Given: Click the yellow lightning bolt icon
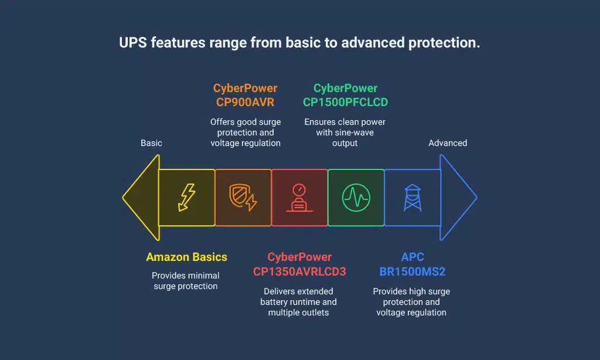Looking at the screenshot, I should pyautogui.click(x=187, y=198).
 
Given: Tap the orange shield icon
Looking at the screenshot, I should pyautogui.click(x=243, y=198).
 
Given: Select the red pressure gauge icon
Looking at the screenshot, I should pyautogui.click(x=299, y=198).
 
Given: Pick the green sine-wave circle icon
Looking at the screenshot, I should pyautogui.click(x=356, y=198).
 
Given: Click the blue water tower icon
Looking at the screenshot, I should pyautogui.click(x=412, y=198).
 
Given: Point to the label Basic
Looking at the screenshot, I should pyautogui.click(x=151, y=143).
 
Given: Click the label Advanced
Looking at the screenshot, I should pyautogui.click(x=448, y=143).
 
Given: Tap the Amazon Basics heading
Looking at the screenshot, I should pyautogui.click(x=186, y=257).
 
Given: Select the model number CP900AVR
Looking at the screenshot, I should pyautogui.click(x=245, y=102).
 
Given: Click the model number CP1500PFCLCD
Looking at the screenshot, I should pyautogui.click(x=345, y=102).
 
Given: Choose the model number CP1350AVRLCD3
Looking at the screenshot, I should pyautogui.click(x=299, y=271).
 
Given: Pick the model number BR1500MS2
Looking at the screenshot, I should pyautogui.click(x=411, y=271).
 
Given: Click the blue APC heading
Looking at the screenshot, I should pyautogui.click(x=411, y=257).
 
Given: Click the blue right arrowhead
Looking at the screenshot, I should pyautogui.click(x=459, y=198).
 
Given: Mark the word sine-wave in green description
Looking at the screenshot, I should pyautogui.click(x=359, y=133).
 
